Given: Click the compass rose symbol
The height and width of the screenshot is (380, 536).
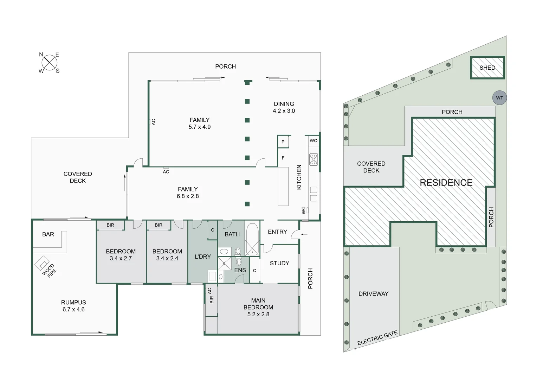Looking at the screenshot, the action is tap(49, 63).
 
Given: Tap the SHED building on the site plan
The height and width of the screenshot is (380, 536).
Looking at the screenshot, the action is tap(487, 68).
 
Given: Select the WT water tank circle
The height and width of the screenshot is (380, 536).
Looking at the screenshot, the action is tap(499, 98).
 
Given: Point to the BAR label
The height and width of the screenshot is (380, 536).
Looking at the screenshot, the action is tap(48, 234).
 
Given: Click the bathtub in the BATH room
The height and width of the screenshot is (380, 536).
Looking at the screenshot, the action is tap(252, 239).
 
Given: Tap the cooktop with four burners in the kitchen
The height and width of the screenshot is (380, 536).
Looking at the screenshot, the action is tap(314, 159).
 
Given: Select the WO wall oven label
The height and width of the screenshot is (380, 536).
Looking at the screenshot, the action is tap(314, 141).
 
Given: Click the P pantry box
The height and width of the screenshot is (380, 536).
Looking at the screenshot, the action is tap(283, 142).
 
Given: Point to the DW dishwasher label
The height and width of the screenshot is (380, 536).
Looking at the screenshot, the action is tap(303, 210).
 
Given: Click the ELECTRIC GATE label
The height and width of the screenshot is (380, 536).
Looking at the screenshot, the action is tap(377, 338).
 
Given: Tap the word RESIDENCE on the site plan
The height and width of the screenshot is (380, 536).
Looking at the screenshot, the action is tap(446, 183).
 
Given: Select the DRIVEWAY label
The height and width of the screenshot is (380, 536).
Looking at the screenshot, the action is tap(373, 294).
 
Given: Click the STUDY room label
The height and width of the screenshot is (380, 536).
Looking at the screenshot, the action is tap(279, 263).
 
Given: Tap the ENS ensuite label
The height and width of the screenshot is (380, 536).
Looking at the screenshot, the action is tap(240, 270).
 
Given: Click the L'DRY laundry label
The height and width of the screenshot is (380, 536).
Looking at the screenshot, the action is tap(203, 256).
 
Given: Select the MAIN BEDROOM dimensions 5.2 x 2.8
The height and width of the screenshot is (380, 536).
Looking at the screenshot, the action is tap(258, 314).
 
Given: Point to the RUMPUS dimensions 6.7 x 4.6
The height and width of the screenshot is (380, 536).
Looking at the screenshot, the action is tap(73, 310).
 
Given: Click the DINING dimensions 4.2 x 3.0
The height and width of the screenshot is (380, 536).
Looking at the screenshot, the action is tap(284, 111).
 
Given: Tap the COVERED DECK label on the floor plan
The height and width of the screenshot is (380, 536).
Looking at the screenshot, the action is tap(78, 177).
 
